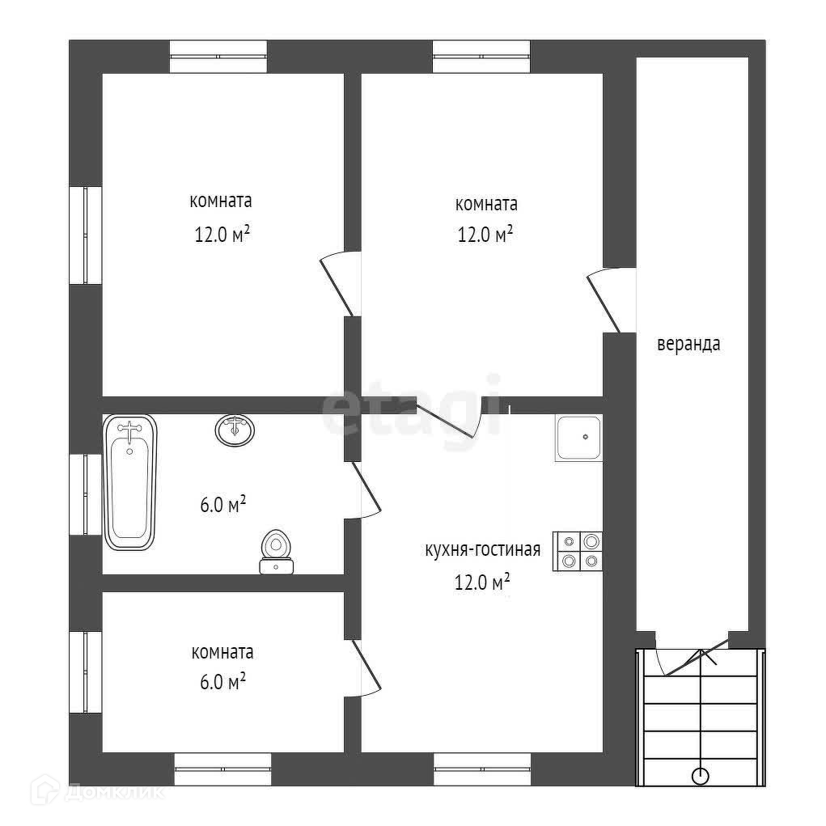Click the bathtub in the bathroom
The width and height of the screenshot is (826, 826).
pyautogui.click(x=129, y=483)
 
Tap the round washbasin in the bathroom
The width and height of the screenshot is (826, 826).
pyautogui.click(x=235, y=430)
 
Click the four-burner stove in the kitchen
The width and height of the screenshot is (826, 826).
pyautogui.click(x=578, y=551)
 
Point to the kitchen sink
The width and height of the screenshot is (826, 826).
pyautogui.click(x=578, y=438)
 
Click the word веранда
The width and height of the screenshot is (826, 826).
pyautogui.click(x=688, y=344)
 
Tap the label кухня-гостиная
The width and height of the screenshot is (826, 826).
pyautogui.click(x=482, y=551)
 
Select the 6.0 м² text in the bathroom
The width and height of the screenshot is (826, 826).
pyautogui.click(x=222, y=505)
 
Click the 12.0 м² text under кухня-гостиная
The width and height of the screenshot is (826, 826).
pyautogui.click(x=482, y=582)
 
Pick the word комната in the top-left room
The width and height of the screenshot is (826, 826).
pyautogui.click(x=221, y=201)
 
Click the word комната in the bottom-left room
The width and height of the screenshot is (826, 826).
pyautogui.click(x=222, y=651)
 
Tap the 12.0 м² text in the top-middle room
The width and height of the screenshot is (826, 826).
pyautogui.click(x=486, y=235)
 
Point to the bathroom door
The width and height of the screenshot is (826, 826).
pyautogui.click(x=366, y=489)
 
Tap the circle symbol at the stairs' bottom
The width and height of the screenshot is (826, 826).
pyautogui.click(x=700, y=776)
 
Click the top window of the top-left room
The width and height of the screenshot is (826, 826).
pyautogui.click(x=218, y=57)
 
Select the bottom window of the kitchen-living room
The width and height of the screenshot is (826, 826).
pyautogui.click(x=482, y=769)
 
